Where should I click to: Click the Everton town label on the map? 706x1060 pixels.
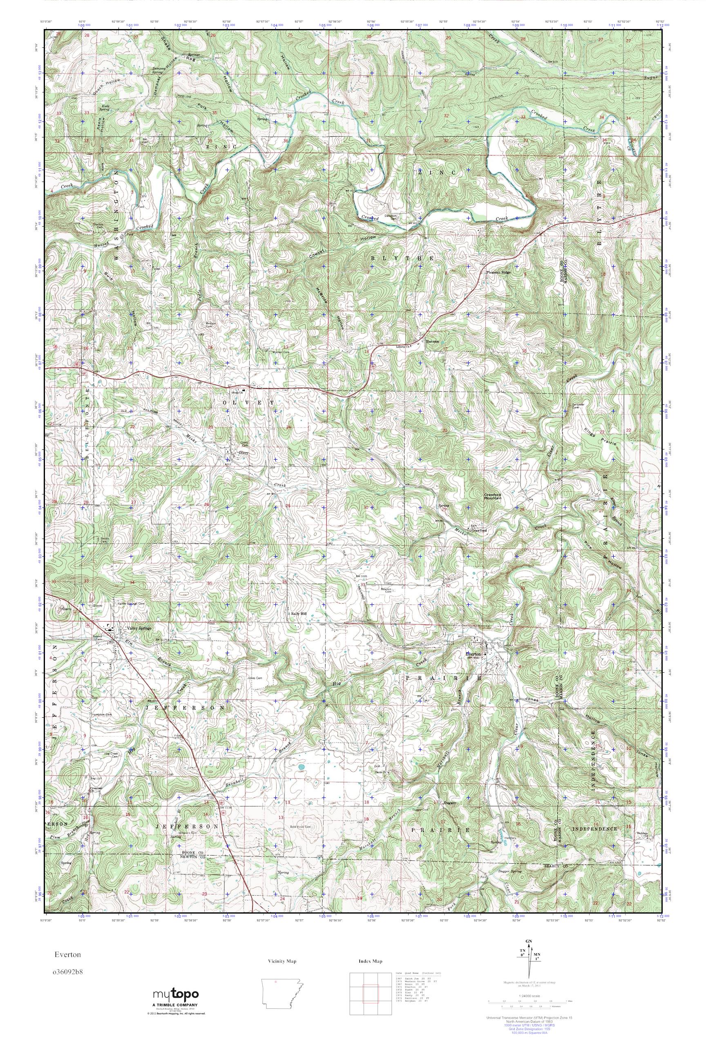pyautogui.click(x=474, y=654)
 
